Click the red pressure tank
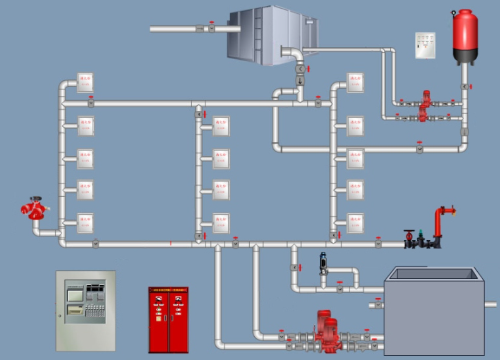pos(464,36)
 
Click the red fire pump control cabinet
pos(168,320)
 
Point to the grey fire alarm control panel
pos(86,311)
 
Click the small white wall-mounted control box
pos(425,45)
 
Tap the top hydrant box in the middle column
pos(221,125)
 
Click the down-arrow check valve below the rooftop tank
pos(300,80)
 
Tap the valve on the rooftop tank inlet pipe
pos(212,28)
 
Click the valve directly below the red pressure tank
pos(464,87)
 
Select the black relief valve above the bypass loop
pos(324,264)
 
